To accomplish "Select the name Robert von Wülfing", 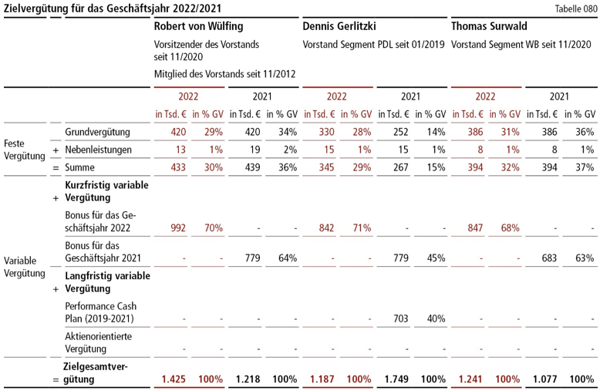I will [x=198, y=27].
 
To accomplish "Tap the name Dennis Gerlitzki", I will [x=339, y=27].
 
